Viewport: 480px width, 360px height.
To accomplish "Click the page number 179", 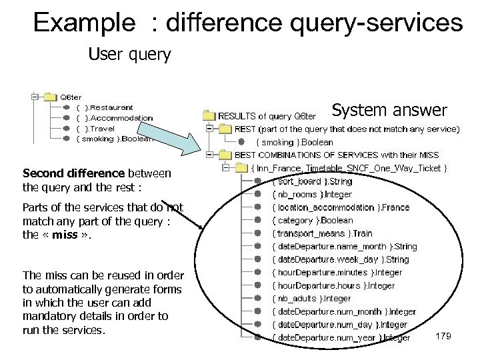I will point(443,336).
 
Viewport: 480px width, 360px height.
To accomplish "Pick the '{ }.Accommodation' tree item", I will point(115,118).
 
